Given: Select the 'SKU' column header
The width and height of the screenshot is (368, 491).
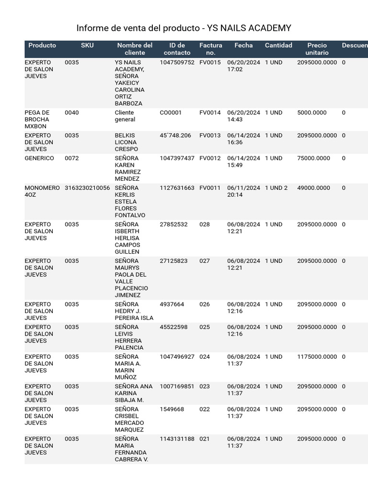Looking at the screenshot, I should point(87,46).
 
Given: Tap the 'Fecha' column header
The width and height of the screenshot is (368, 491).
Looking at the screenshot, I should point(243,46).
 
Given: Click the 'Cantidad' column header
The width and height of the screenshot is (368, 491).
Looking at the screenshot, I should point(278,46).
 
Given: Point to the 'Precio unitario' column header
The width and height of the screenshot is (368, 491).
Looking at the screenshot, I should point(317,49).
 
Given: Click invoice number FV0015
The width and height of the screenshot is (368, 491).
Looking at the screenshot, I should point(210,62).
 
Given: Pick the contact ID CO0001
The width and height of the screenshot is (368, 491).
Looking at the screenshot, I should point(171,113).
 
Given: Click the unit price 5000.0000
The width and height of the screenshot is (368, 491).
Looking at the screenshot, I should point(311,113).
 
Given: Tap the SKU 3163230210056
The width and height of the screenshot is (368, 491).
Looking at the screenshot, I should point(87,188).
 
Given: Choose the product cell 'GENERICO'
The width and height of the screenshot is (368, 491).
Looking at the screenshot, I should point(39,158).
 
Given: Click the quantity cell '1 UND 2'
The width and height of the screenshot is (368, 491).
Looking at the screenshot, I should point(276,188).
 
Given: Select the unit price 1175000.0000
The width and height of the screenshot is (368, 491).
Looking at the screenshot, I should point(317,357).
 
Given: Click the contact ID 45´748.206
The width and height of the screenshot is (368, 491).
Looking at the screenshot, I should point(175,136).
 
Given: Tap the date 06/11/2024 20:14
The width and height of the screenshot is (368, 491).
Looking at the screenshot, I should point(243,191).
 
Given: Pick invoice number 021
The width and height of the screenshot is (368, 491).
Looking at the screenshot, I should point(205,439).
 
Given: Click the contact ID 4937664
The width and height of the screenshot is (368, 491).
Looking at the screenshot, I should point(172,304).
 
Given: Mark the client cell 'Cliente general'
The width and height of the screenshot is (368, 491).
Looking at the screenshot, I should point(125,116).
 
